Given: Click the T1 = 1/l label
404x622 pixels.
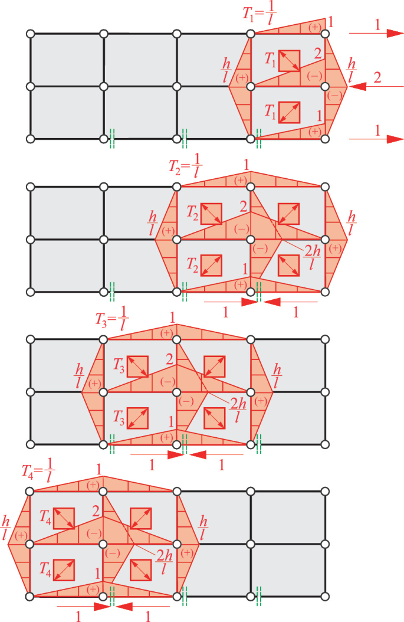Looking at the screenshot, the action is [260, 14].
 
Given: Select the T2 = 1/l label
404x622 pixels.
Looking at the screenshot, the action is [186, 165].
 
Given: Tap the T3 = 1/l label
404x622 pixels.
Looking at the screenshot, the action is [112, 319].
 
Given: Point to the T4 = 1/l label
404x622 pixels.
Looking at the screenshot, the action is [38, 471].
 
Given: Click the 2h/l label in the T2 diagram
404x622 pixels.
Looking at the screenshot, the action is [312, 257].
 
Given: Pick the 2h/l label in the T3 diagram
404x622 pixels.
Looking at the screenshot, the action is [238, 410].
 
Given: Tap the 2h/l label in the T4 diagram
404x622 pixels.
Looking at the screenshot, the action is [164, 562].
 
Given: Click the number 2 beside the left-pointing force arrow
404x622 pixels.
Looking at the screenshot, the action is [377, 77].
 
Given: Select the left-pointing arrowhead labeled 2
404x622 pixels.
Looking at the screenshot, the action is [358, 86].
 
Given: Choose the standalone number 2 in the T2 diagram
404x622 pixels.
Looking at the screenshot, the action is [244, 207].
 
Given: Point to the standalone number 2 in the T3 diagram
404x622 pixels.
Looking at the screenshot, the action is [170, 359].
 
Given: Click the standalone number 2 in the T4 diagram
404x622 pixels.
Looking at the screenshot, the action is [96, 511].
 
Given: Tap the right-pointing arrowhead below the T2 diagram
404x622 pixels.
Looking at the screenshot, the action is [250, 302].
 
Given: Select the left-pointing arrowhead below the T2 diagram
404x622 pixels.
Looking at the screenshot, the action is [272, 302].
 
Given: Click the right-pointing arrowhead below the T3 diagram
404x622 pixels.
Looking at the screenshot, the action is [176, 454].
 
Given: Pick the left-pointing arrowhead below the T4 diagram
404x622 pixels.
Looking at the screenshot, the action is [124, 607].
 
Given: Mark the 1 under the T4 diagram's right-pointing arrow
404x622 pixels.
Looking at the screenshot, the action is [78, 616].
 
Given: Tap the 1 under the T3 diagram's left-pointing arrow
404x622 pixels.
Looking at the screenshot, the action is [221, 464].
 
